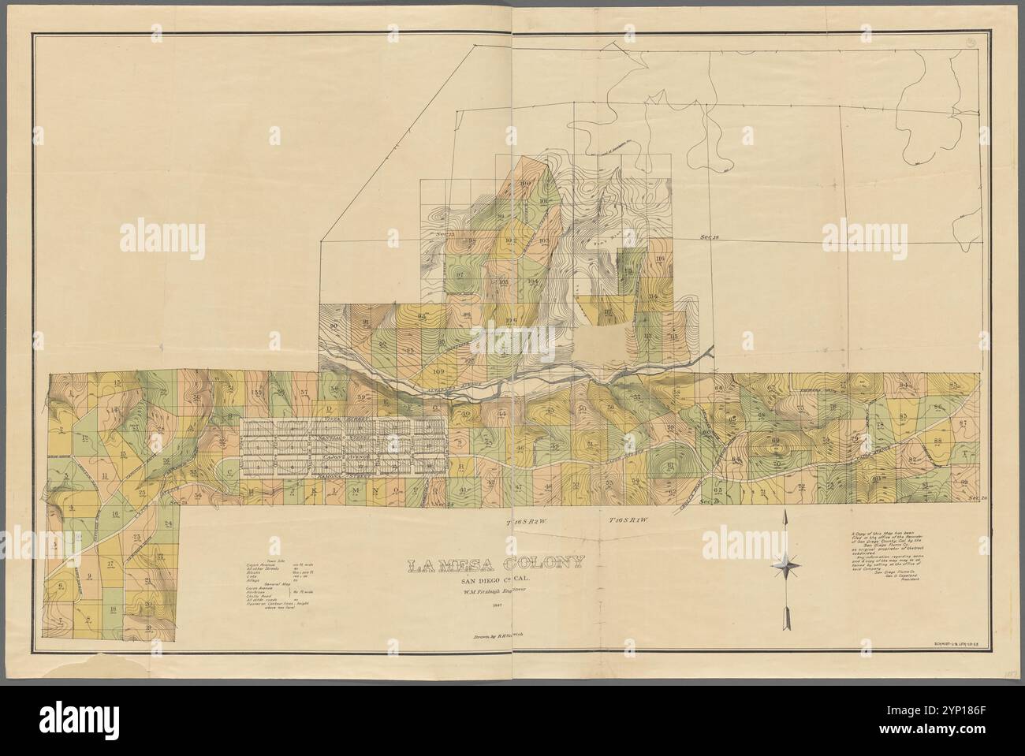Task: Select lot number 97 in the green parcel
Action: point(460,274)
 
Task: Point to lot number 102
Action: point(510,240)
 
